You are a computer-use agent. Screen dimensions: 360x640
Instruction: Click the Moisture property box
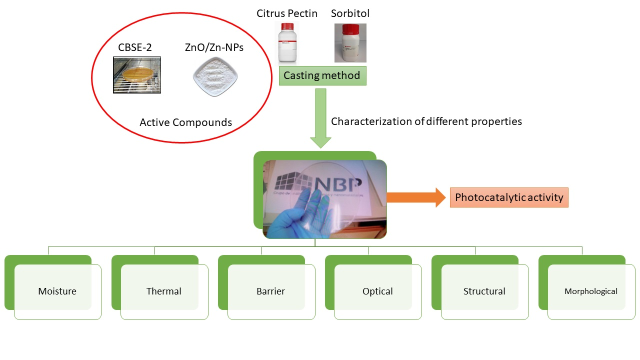[x=57, y=291]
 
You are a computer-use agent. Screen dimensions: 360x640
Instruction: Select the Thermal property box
[x=164, y=291]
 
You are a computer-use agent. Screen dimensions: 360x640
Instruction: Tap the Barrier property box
[x=270, y=291]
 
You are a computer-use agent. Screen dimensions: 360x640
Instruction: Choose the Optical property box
[x=377, y=291]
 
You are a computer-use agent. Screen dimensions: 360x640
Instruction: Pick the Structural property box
[x=484, y=291]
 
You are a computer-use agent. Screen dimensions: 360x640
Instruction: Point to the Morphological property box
[x=590, y=291]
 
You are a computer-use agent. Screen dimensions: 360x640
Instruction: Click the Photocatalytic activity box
[x=509, y=197]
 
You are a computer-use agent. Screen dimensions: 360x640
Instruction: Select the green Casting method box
[x=321, y=75]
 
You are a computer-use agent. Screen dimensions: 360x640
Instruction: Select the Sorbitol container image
[x=350, y=43]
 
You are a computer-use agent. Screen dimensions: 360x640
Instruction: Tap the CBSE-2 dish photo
[x=137, y=75]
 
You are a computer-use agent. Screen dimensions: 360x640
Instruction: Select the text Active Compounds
[x=185, y=122]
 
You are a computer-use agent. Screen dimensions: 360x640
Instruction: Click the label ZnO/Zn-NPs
[x=214, y=48]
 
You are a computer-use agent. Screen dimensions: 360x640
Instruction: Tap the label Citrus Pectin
[x=287, y=13]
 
